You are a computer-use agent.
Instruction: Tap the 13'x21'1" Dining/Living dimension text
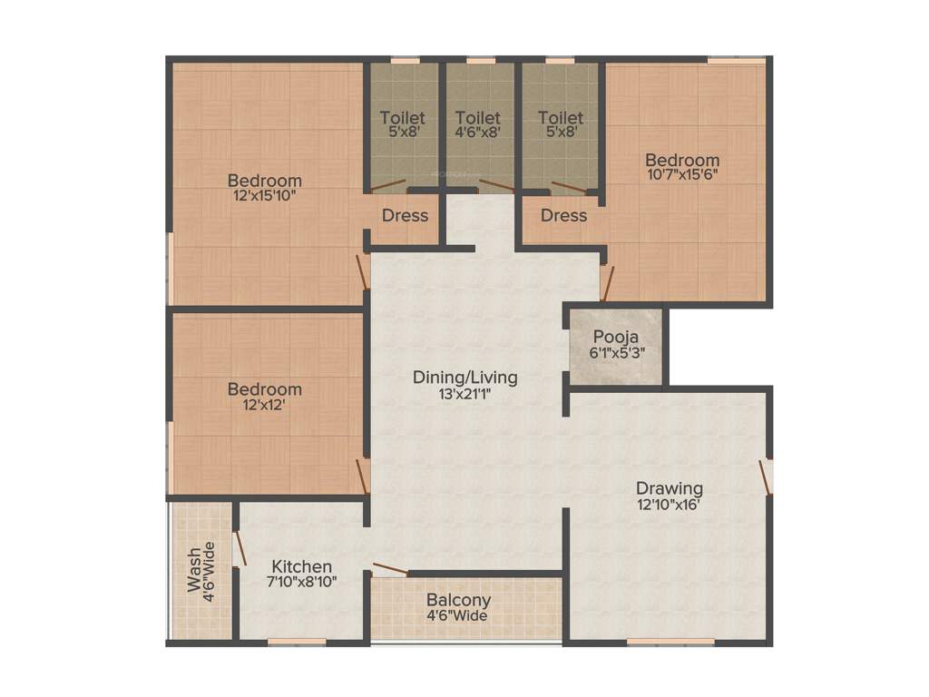tap(465, 394)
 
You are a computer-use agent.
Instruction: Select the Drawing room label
tap(670, 488)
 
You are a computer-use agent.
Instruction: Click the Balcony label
tap(458, 600)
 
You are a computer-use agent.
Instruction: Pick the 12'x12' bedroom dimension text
tap(264, 406)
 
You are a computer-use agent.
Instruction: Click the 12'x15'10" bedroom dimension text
tap(264, 194)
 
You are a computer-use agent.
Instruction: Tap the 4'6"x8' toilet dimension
tap(478, 132)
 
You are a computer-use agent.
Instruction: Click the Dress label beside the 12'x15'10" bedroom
tap(405, 216)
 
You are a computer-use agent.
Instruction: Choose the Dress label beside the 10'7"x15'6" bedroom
tap(563, 216)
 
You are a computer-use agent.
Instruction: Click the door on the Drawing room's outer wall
tap(766, 476)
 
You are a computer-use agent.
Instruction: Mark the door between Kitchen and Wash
tap(240, 549)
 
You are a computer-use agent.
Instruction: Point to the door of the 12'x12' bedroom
tap(363, 476)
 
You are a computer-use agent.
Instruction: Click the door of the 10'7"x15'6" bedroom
tap(606, 282)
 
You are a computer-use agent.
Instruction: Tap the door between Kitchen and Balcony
tap(390, 569)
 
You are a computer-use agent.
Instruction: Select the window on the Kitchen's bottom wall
tap(296, 642)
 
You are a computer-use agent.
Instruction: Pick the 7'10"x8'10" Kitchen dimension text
tap(302, 582)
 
